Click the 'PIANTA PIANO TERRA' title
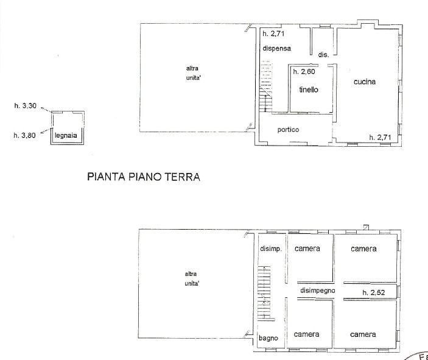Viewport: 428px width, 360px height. pyautogui.click(x=144, y=177)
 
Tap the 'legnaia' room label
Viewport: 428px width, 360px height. pyautogui.click(x=66, y=135)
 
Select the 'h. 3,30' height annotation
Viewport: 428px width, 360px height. pyautogui.click(x=26, y=106)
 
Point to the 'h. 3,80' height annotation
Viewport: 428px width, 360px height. pyautogui.click(x=24, y=135)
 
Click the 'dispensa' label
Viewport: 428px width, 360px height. pyautogui.click(x=277, y=49)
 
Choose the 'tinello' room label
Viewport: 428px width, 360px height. pyautogui.click(x=309, y=90)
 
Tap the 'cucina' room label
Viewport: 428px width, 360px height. pyautogui.click(x=365, y=82)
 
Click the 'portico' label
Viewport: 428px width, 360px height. pyautogui.click(x=288, y=130)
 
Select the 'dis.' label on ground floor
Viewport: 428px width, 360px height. pyautogui.click(x=323, y=55)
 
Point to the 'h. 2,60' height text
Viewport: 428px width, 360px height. pyautogui.click(x=304, y=71)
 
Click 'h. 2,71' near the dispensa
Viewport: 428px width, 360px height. pyautogui.click(x=273, y=34)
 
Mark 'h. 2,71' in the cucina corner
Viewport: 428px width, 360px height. pyautogui.click(x=380, y=138)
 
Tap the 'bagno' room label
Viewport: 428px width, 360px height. pyautogui.click(x=268, y=339)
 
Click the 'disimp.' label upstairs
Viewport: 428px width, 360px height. pyautogui.click(x=271, y=249)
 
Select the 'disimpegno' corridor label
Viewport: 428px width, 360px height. pyautogui.click(x=317, y=291)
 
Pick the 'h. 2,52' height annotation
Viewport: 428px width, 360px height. pyautogui.click(x=374, y=292)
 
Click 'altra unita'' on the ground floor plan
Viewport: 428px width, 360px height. pyautogui.click(x=193, y=73)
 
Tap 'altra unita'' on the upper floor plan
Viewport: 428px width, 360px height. pyautogui.click(x=192, y=278)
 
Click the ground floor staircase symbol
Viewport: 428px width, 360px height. pyautogui.click(x=266, y=86)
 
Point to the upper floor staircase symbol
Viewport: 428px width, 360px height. pyautogui.click(x=264, y=292)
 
